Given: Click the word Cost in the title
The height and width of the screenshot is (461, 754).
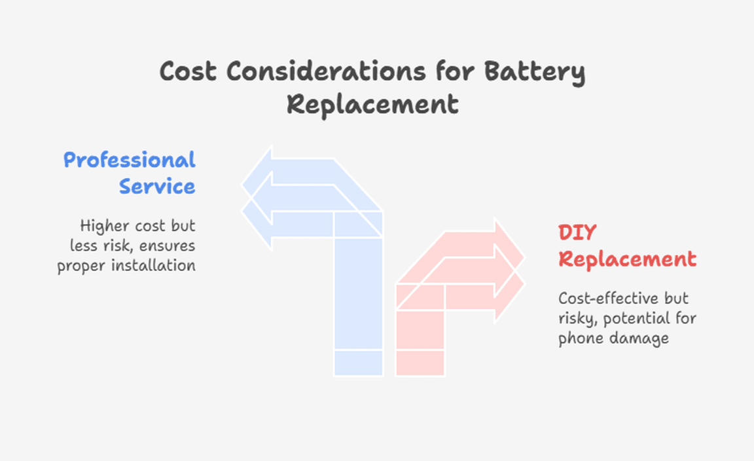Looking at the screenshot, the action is (x=188, y=71).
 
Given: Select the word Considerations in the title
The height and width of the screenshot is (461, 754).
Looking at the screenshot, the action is (x=326, y=71).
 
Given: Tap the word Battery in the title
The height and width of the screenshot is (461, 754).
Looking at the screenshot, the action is (x=534, y=73).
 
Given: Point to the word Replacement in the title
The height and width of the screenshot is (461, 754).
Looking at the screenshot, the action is (x=372, y=105).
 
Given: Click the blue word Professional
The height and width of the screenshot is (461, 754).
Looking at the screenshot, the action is (x=130, y=160).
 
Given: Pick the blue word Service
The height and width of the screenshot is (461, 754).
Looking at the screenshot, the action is (x=157, y=186).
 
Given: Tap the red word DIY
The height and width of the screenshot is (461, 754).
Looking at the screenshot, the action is (x=577, y=233).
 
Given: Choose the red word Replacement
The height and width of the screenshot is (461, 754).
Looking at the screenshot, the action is (x=628, y=260).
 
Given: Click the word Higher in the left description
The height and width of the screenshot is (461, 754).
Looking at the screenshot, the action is (x=104, y=226).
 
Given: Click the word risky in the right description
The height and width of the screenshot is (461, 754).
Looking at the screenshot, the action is (x=577, y=319).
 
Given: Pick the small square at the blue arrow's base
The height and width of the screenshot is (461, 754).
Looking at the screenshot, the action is (x=358, y=362).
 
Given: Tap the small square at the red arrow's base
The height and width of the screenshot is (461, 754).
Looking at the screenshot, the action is (x=420, y=362).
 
